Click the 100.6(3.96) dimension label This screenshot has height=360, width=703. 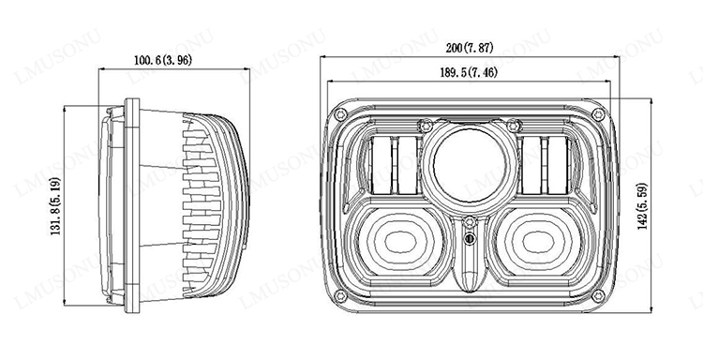[x=163, y=60]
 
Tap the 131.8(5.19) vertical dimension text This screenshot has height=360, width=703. [x=55, y=206]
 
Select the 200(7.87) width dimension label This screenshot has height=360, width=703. [x=470, y=48]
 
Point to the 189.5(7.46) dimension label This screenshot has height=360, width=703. [x=469, y=72]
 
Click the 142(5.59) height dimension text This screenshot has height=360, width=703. [x=642, y=206]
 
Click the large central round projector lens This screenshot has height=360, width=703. [x=470, y=166]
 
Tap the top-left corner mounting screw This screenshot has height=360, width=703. [x=341, y=113]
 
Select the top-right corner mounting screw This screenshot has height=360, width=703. [x=599, y=113]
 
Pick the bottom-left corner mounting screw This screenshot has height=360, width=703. [x=341, y=296]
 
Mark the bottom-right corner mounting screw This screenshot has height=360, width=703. [x=599, y=296]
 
